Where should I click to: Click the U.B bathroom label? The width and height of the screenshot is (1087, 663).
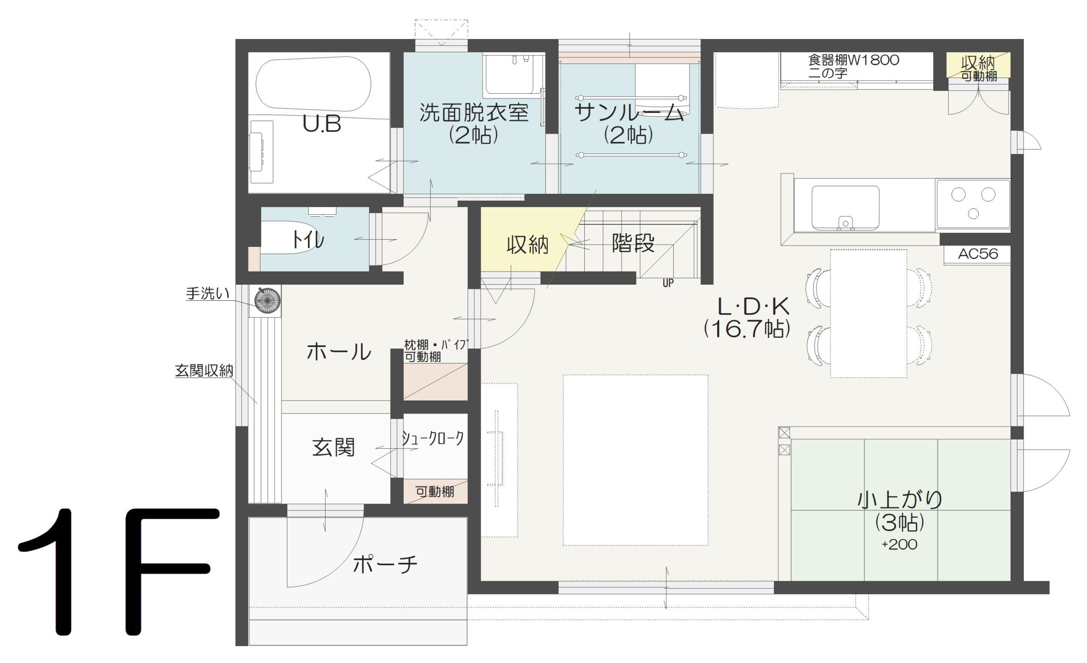pyautogui.click(x=321, y=124)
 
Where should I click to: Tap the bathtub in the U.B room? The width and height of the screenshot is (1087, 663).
pyautogui.click(x=313, y=83)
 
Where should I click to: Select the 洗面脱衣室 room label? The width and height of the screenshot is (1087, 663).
pyautogui.click(x=474, y=112)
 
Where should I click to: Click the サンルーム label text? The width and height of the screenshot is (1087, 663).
pyautogui.click(x=630, y=113)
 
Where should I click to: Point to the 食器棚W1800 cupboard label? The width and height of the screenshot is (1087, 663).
pyautogui.click(x=853, y=60)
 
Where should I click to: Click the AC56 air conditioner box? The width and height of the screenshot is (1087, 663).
pyautogui.click(x=977, y=255)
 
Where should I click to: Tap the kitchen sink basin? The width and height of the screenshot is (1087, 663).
pyautogui.click(x=845, y=208)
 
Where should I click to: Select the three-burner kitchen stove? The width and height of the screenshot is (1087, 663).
pyautogui.click(x=973, y=204)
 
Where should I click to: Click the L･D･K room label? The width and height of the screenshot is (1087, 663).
pyautogui.click(x=753, y=306)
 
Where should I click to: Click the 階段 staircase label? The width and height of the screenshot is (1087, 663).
pyautogui.click(x=633, y=243)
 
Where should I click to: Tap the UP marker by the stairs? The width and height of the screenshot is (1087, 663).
pyautogui.click(x=668, y=283)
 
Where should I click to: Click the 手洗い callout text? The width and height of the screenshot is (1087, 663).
pyautogui.click(x=208, y=294)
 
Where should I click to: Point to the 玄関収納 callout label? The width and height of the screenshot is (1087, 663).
pyautogui.click(x=204, y=371)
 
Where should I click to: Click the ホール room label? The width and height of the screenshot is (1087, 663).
pyautogui.click(x=339, y=352)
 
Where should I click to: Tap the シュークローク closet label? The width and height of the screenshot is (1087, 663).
pyautogui.click(x=433, y=438)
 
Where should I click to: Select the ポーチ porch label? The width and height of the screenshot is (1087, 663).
pyautogui.click(x=385, y=565)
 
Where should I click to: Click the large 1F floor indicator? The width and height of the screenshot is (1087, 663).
pyautogui.click(x=118, y=572)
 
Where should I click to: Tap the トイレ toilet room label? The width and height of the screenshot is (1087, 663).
pyautogui.click(x=307, y=240)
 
